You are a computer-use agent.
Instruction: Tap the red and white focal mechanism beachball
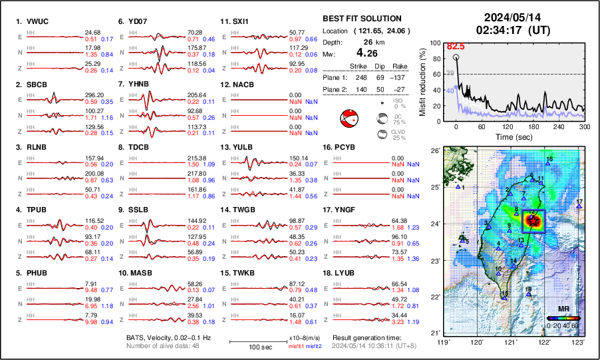[348, 120]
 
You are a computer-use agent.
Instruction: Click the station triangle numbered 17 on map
[579, 206]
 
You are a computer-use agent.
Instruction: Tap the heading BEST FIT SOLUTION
[361, 19]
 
